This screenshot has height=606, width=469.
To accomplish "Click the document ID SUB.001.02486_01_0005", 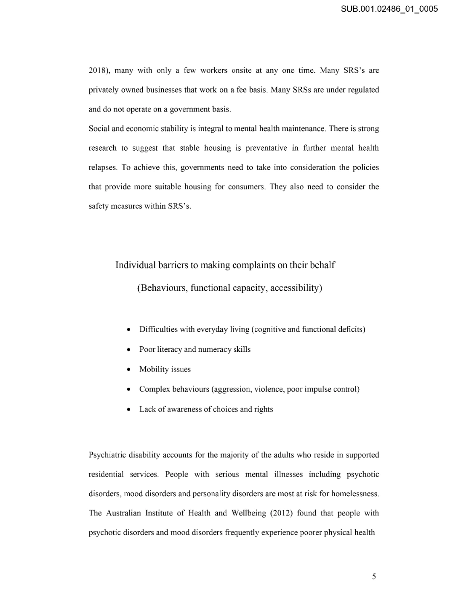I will click(x=389, y=8).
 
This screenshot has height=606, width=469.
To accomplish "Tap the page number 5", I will click(x=374, y=577).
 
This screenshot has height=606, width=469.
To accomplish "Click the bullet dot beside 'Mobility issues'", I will click(x=128, y=369).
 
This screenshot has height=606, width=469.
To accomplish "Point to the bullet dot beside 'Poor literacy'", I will click(x=128, y=350).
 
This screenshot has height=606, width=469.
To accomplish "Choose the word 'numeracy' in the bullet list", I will click(x=215, y=349).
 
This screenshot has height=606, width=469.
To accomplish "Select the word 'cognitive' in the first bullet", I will click(x=269, y=329).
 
